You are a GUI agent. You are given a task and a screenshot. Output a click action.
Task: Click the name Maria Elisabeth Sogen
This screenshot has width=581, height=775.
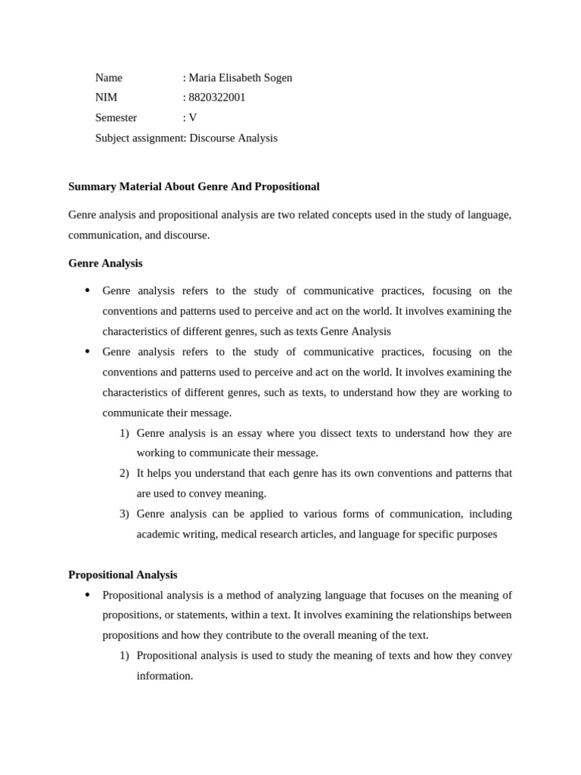[x=240, y=78]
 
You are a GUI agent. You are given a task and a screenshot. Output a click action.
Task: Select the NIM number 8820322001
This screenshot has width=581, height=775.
[x=217, y=98]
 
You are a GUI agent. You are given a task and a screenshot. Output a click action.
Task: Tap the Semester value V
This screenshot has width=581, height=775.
[x=193, y=118]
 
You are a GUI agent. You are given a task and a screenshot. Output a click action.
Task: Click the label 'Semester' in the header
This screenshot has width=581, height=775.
[x=116, y=118]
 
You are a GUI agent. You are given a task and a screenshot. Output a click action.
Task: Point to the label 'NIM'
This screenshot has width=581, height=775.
[x=106, y=98]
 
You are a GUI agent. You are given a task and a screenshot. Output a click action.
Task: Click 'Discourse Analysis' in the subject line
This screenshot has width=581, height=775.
[x=233, y=139]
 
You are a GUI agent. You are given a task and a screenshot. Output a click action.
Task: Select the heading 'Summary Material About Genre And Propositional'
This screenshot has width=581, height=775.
[x=194, y=187]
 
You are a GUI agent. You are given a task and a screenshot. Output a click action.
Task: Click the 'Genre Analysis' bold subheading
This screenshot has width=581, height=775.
[x=105, y=263]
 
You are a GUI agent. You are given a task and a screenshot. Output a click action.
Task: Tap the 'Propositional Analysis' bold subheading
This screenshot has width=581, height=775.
[x=123, y=575]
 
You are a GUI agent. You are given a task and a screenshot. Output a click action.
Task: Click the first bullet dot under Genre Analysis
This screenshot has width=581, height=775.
[x=87, y=291]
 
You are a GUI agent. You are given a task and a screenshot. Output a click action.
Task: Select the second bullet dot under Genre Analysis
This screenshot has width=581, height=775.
[x=87, y=352]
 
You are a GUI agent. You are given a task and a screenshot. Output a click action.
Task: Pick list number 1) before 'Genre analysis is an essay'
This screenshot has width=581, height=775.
[x=124, y=434]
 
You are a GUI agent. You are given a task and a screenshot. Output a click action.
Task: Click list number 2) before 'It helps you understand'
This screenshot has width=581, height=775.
[x=124, y=474]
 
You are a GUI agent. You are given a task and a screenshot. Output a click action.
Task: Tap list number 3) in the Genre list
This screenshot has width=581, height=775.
[x=124, y=514]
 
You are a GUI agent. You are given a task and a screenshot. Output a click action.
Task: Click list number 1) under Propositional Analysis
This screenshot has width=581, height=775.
[x=124, y=656]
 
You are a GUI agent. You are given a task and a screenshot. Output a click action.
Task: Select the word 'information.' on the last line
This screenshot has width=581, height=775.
[x=165, y=676]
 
